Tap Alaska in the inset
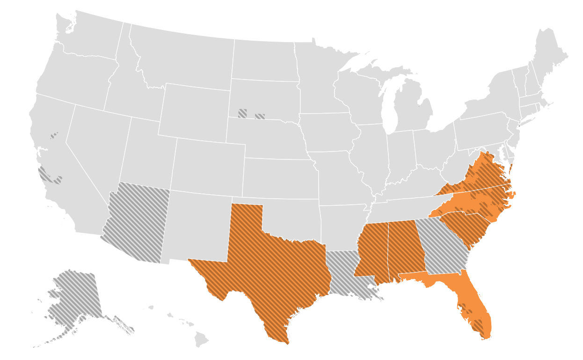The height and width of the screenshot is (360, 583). click(x=75, y=299)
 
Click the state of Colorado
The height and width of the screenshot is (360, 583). click(x=208, y=164)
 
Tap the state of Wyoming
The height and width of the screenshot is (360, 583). click(x=194, y=110)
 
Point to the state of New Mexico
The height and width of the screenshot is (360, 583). click(x=199, y=224)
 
